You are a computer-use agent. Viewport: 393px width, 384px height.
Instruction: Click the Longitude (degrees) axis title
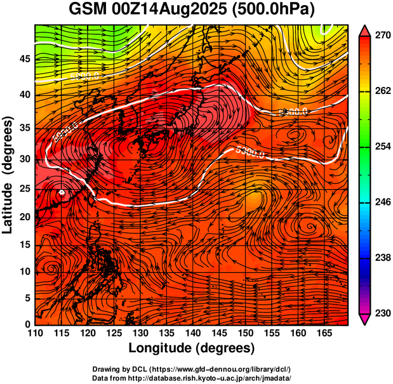coord(192,348)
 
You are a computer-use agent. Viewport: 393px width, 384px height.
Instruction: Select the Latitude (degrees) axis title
coord(8,175)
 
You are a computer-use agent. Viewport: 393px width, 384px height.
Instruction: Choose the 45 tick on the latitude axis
coord(25,58)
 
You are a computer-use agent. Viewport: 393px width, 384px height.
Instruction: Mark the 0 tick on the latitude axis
coord(27,324)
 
